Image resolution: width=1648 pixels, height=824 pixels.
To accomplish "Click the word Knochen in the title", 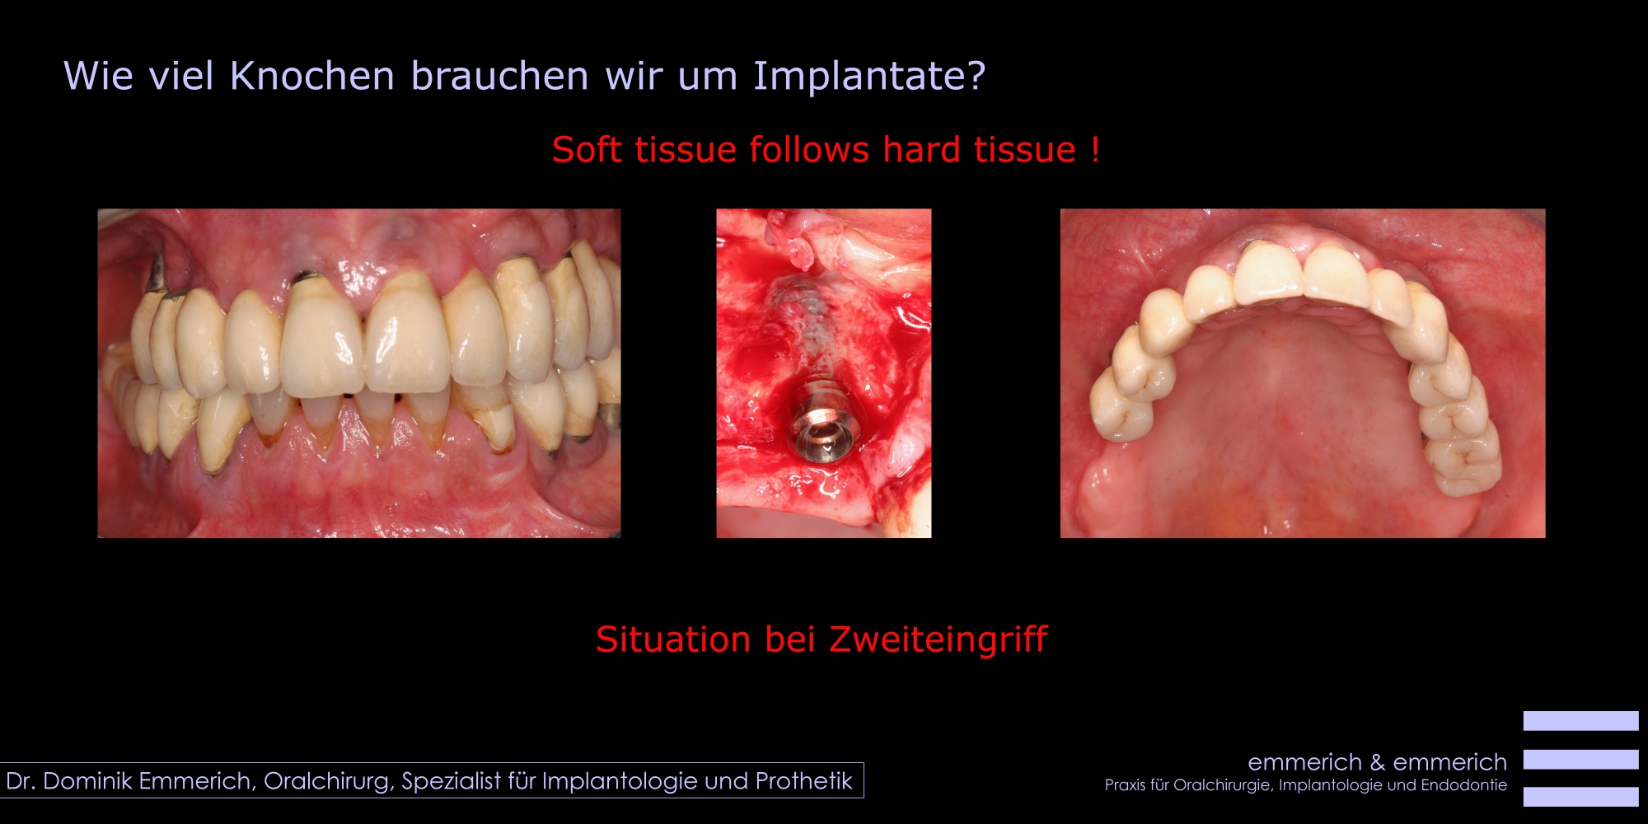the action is click(312, 76).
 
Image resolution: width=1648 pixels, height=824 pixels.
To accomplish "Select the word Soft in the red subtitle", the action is click(586, 149).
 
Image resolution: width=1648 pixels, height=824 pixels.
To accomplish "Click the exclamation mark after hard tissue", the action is click(1095, 149).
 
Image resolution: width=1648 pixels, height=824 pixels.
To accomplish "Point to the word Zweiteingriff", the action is click(939, 640).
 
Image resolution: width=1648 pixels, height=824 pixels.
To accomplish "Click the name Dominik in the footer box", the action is click(88, 780).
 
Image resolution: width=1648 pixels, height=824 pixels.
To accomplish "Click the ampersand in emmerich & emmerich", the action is click(1377, 762).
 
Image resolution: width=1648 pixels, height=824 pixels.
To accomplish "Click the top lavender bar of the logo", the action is click(1580, 720).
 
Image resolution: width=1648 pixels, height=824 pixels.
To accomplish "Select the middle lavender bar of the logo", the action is click(1580, 759).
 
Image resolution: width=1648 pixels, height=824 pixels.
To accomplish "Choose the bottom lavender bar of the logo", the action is click(1580, 796).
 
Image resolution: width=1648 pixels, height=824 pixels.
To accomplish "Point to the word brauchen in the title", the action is click(499, 76).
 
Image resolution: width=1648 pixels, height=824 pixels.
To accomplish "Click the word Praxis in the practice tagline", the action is click(1125, 784).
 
